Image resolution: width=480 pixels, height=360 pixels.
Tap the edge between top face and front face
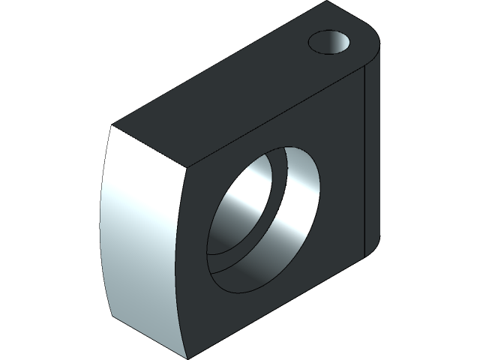pyautogui.click(x=277, y=112)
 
